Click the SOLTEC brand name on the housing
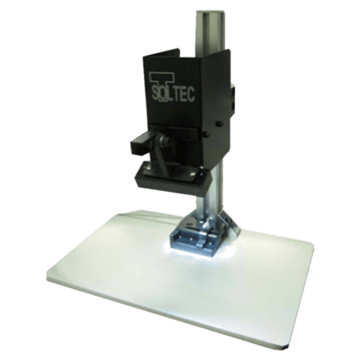pos(172,93)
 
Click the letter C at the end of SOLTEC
pos(191,94)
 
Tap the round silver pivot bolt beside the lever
pos(164,139)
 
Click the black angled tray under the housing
pos(173,177)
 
